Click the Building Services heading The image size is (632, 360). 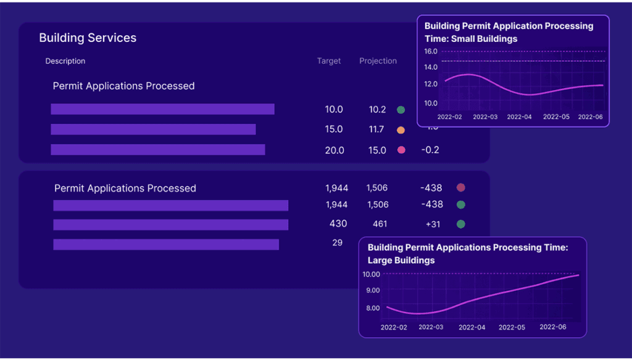[88, 38]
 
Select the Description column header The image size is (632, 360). [65, 61]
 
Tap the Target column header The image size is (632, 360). [329, 61]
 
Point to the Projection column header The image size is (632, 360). [378, 61]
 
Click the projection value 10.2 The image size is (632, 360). [377, 109]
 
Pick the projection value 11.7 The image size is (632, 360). [376, 130]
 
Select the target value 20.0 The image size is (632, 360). [334, 150]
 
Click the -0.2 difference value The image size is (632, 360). [430, 150]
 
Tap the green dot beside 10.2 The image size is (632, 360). [401, 110]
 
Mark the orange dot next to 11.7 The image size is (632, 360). [401, 130]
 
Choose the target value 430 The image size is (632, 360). [338, 224]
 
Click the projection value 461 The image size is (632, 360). [380, 224]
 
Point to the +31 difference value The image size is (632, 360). [433, 224]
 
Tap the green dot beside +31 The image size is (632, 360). [460, 224]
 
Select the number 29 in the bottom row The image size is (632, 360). [337, 243]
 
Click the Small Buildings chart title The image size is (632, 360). [509, 32]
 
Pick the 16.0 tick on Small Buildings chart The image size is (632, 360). [431, 51]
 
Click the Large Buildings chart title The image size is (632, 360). [467, 254]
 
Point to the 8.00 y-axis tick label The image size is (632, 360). [373, 308]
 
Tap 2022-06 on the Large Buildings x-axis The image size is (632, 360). [553, 327]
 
